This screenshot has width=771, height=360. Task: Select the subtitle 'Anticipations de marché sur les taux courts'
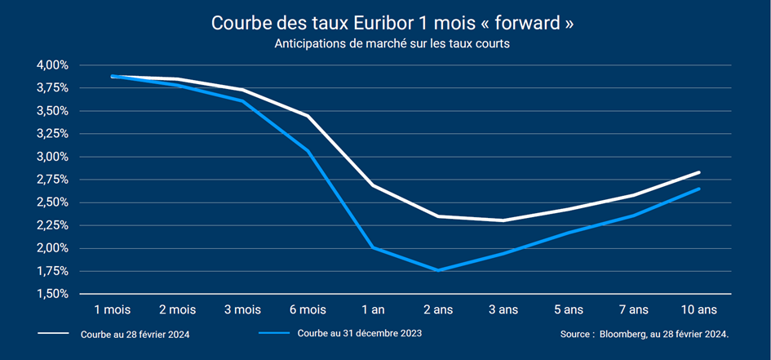pos(392,44)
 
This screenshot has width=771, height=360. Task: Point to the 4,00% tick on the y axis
pos(52,65)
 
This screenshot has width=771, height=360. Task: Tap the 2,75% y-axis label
pos(52,180)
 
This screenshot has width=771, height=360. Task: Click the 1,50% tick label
pos(52,294)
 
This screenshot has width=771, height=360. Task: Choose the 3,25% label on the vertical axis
pos(52,134)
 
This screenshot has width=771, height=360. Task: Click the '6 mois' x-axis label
pos(307,310)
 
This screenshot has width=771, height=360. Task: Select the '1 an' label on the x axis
pos(372,310)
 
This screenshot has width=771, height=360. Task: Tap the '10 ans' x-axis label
pos(699,310)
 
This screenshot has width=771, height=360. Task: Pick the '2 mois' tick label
pos(176,310)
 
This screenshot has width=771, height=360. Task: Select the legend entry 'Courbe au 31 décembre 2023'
pos(359,334)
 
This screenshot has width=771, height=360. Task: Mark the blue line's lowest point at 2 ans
pos(438,270)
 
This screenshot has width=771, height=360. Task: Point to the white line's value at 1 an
pos(372,185)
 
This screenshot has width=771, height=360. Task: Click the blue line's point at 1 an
pos(372,247)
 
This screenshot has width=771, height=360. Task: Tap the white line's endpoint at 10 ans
pos(699,172)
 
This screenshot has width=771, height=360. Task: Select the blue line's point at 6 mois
pos(307,151)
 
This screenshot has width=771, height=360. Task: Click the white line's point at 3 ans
pos(503,220)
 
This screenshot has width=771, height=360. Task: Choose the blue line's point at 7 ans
pos(634,216)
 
